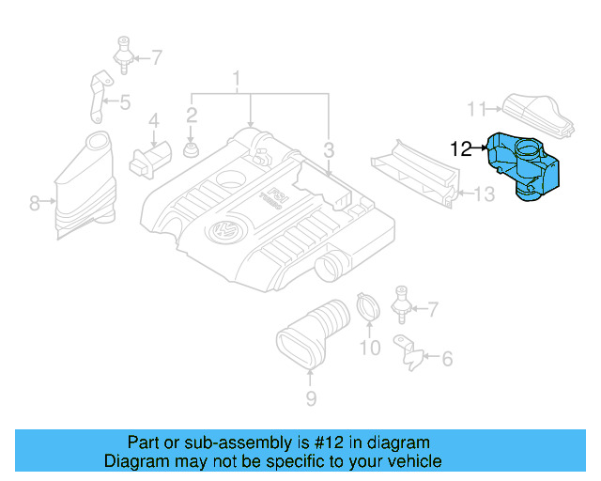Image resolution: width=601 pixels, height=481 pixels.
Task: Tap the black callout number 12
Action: pos(461,148)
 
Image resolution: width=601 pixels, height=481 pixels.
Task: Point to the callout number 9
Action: pos(311,398)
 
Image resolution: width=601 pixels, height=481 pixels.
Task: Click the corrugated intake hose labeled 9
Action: pos(313,334)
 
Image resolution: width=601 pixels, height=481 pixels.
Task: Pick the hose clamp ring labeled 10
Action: pos(368,306)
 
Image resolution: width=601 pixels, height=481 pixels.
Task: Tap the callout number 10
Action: pos(370,348)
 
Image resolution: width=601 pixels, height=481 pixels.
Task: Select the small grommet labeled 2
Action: pos(191,149)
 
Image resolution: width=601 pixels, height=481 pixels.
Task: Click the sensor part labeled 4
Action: pos(150,160)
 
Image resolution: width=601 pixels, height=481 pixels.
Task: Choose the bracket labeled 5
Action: pos(100,96)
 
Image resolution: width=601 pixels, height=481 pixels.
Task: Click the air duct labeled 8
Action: pos(85,185)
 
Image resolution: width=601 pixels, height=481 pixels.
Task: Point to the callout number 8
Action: pos(34,203)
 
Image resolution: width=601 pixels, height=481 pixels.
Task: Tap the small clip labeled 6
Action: pos(408,352)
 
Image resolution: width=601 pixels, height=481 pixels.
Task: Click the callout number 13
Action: pos(485,194)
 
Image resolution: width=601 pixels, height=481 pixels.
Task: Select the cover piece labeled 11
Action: pos(538,115)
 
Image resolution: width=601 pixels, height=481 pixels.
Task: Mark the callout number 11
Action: pos(476,109)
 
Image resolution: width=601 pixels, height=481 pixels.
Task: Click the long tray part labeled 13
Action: pos(416,174)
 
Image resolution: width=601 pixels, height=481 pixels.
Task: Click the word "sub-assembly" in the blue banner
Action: pos(238,442)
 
